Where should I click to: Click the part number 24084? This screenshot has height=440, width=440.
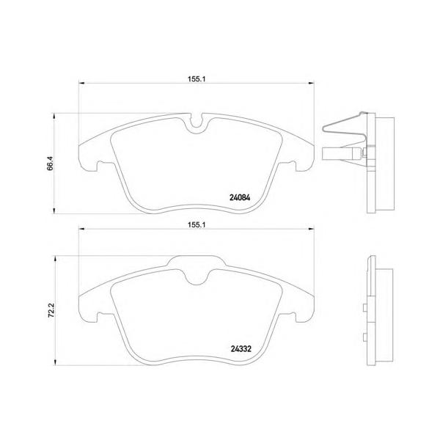(x=240, y=197)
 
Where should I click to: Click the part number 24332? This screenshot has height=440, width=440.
(x=241, y=349)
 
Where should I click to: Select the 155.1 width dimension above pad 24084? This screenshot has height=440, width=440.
(x=197, y=79)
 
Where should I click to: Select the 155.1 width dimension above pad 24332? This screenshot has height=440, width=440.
(x=197, y=225)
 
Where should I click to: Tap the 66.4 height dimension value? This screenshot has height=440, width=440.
(x=50, y=163)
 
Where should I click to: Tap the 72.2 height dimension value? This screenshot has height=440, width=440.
(x=51, y=310)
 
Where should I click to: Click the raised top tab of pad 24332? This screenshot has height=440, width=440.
(x=197, y=260)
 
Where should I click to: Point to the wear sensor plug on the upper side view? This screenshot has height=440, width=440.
(x=341, y=154)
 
